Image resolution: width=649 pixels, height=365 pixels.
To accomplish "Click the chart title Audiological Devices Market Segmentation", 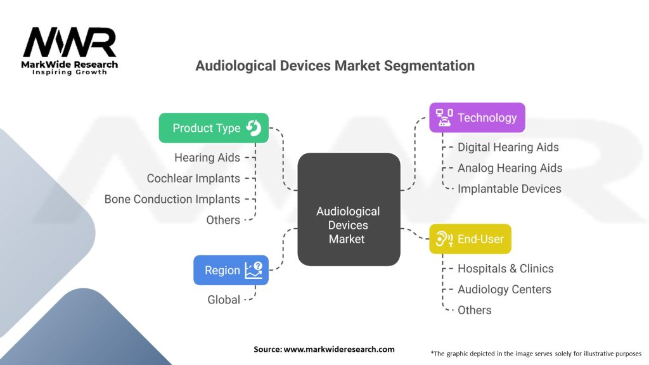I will point(335,66).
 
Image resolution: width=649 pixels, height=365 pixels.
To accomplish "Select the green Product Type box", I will point(213,128).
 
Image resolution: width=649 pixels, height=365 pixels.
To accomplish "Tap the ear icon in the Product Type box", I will point(254,128).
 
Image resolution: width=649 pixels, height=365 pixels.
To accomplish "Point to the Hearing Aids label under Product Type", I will point(207,157).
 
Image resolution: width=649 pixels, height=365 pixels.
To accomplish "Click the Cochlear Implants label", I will point(193,178).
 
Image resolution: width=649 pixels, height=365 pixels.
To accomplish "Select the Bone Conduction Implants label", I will point(172,199).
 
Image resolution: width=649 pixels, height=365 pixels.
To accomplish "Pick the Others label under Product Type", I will point(223,220).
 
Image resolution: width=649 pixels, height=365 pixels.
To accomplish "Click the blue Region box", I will point(231,270).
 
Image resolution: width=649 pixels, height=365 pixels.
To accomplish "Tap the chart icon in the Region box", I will point(254,270).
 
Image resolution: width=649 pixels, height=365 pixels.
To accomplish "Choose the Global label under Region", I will point(224,300).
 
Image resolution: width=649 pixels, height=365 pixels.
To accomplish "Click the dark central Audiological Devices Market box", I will point(349,209).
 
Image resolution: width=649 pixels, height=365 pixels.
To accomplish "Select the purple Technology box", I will point(477,117).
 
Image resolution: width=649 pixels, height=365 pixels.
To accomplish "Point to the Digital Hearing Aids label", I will point(508,147).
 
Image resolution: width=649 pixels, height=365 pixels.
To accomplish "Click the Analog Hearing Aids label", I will point(510,168).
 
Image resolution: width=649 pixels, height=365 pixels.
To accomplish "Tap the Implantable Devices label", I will point(510,189).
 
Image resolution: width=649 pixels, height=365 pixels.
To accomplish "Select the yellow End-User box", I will point(470,239).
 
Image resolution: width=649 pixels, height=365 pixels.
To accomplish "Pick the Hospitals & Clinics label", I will point(506,268).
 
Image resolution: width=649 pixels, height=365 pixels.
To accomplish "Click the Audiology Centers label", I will point(504,289).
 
